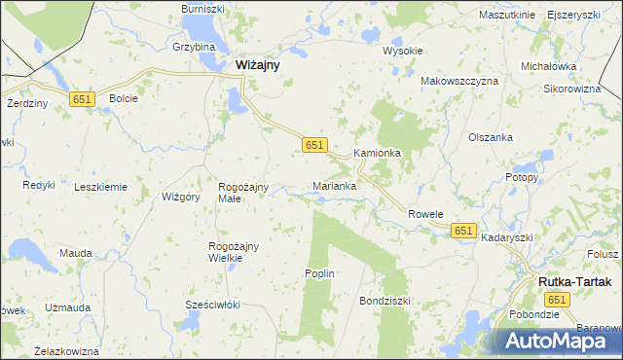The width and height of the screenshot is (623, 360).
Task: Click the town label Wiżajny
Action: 258,65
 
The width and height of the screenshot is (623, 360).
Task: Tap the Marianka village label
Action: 334,185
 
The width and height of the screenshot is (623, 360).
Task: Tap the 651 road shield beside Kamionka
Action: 312,144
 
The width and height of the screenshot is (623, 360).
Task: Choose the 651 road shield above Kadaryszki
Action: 463,231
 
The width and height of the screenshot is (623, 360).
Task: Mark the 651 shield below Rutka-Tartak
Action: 554,301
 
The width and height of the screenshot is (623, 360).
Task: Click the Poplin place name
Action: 320,273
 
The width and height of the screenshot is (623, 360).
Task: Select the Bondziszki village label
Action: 385,301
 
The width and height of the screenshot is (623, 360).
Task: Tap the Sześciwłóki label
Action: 213,305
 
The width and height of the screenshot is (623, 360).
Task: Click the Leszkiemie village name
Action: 100,187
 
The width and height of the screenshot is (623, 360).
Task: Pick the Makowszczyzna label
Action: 459,81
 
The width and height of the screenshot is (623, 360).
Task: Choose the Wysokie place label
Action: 402,51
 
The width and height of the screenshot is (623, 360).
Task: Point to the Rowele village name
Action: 425,214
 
